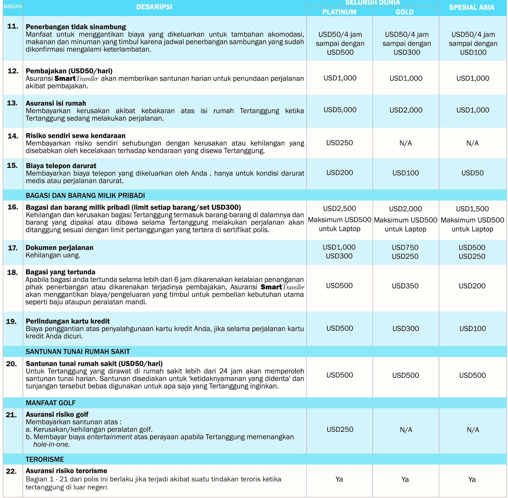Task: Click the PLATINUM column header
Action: (x=339, y=12)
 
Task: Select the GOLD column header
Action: (x=405, y=12)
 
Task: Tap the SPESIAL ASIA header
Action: (x=472, y=7)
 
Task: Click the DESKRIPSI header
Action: (x=154, y=7)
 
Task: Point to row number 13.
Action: (x=12, y=103)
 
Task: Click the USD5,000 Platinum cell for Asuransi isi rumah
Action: (x=340, y=110)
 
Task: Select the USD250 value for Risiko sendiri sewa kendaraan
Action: (x=339, y=143)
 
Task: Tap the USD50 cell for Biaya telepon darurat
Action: (x=472, y=173)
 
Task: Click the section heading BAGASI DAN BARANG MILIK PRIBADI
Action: (x=85, y=196)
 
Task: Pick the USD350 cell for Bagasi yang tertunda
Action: (x=405, y=286)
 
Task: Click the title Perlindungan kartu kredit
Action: (x=67, y=321)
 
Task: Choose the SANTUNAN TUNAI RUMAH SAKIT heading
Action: (x=78, y=351)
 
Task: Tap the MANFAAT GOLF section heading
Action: (x=50, y=403)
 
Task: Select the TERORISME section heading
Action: (x=45, y=459)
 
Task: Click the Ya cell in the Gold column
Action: (x=405, y=479)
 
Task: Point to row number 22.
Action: (x=11, y=471)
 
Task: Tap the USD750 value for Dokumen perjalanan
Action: (x=405, y=247)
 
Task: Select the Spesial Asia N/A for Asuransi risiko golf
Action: (x=473, y=430)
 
